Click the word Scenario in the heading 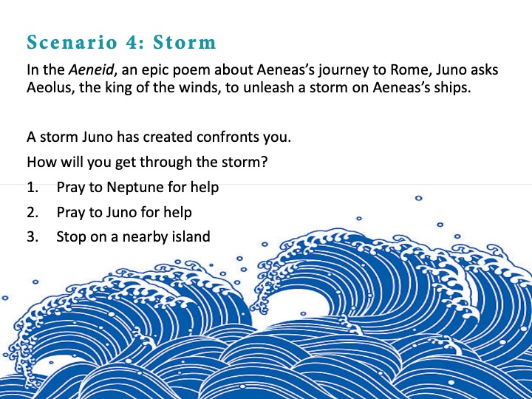[72, 42]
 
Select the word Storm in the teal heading [184, 42]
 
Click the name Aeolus [50, 87]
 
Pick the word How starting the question [41, 162]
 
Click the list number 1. [33, 187]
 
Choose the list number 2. [33, 212]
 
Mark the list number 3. [33, 236]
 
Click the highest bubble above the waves [419, 198]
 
